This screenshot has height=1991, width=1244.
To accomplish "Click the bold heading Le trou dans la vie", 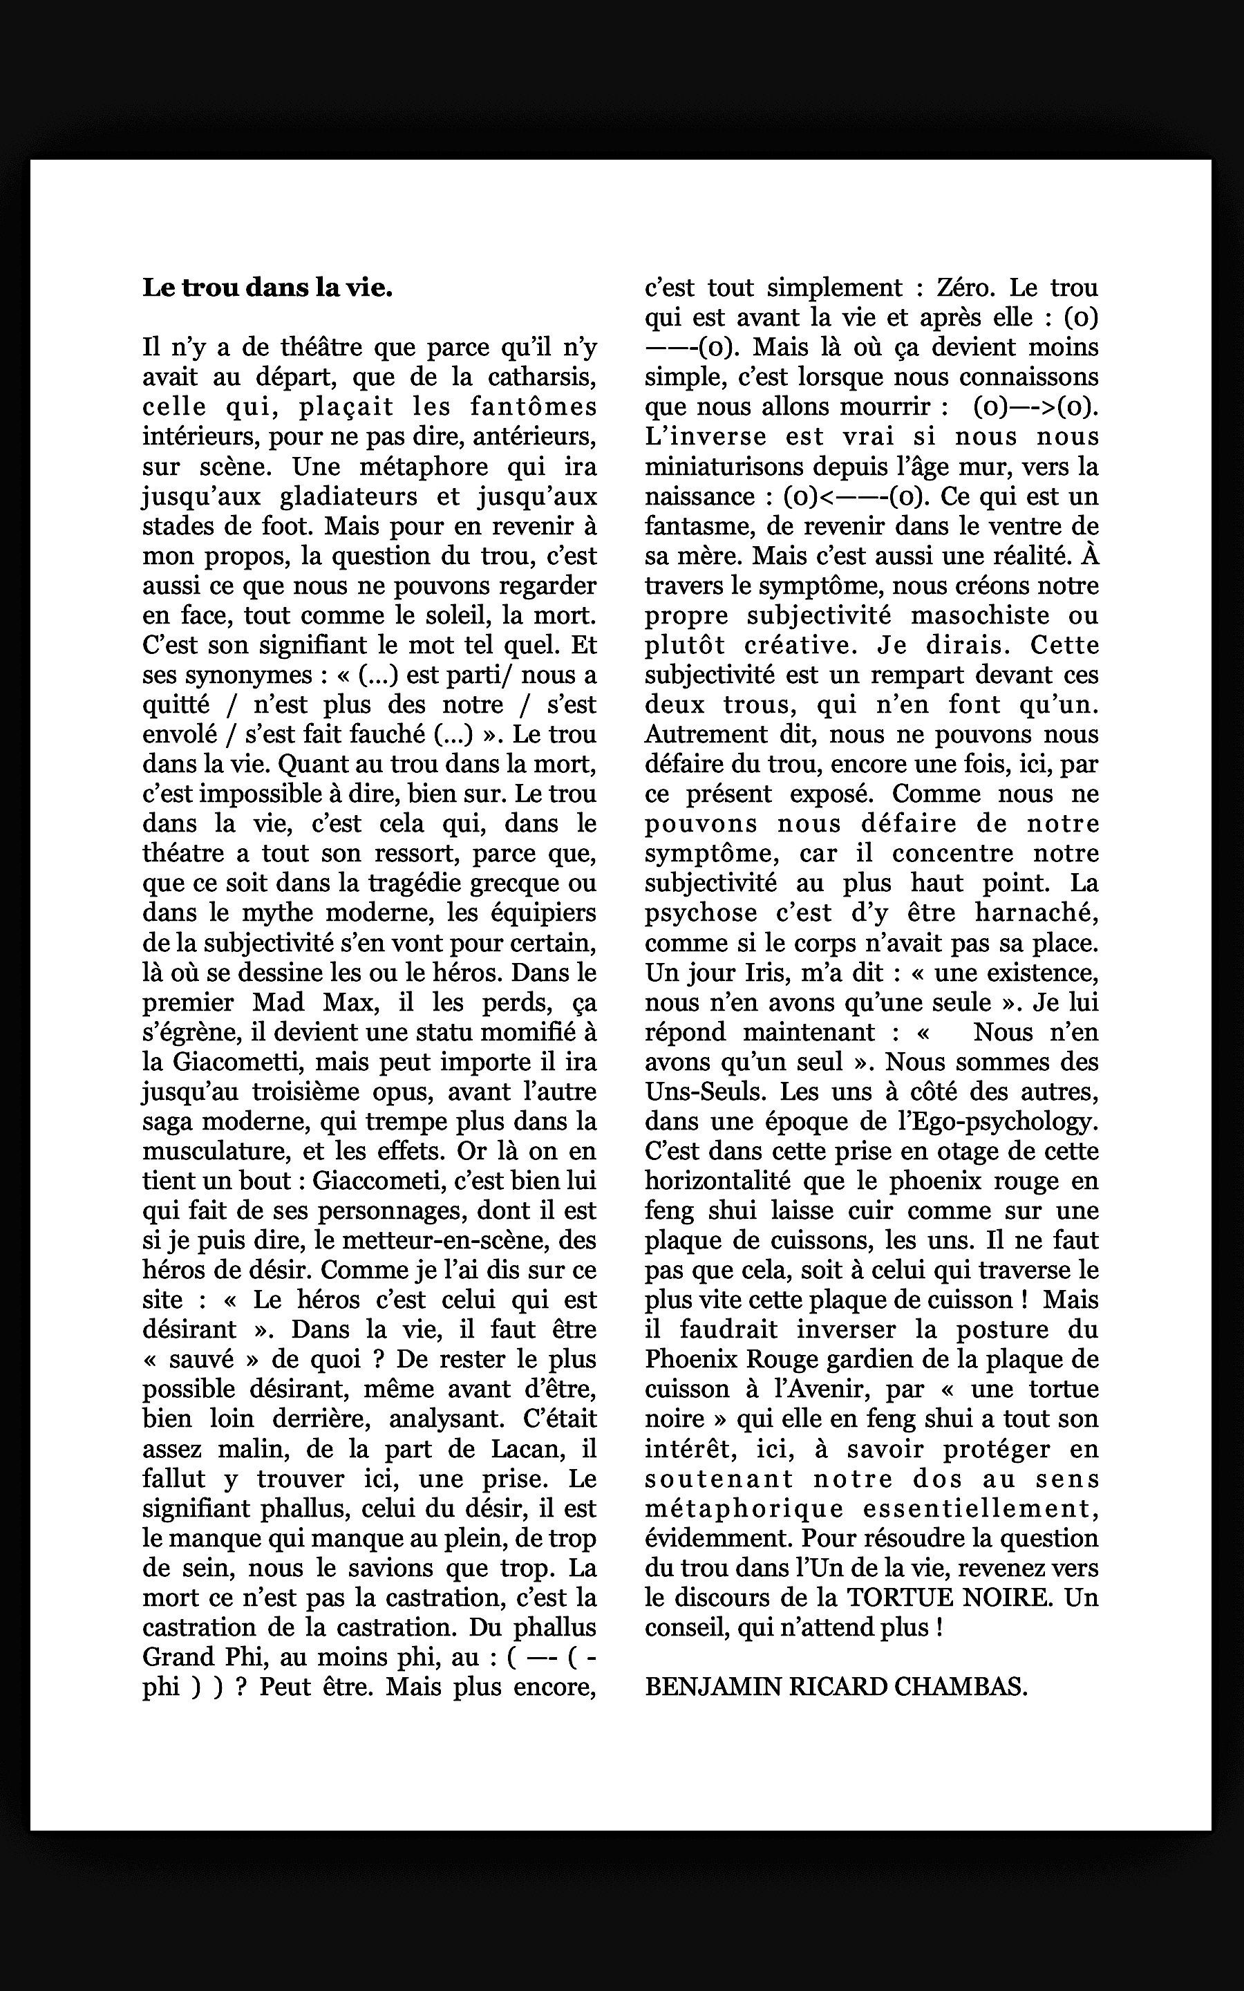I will (x=267, y=288).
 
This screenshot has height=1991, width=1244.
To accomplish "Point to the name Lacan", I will (x=526, y=1449).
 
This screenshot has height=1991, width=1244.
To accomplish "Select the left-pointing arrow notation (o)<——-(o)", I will (x=856, y=497).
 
